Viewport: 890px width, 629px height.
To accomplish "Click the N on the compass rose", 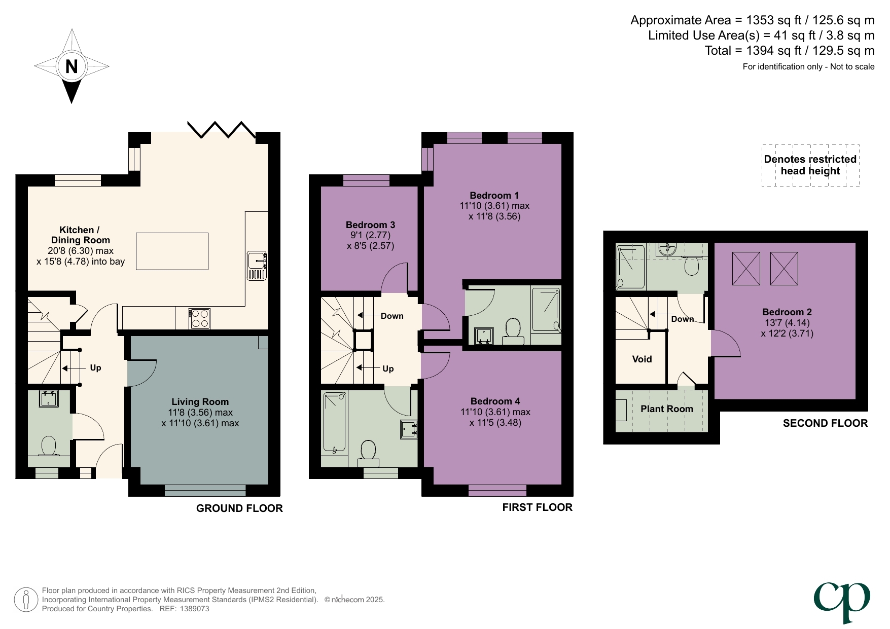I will [72, 66].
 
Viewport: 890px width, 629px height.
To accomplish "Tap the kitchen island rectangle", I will [172, 251].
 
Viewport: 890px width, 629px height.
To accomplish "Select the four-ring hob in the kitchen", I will [199, 318].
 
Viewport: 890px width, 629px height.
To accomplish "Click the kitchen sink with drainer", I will [257, 266].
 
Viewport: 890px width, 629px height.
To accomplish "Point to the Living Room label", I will [200, 402].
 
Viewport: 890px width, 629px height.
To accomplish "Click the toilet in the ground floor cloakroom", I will [49, 447].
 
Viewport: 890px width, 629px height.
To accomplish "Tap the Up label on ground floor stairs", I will [95, 368].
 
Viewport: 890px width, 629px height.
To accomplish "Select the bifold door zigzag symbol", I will [221, 130].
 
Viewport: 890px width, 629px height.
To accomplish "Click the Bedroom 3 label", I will [370, 225].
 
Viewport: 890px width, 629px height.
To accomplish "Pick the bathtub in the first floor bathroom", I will [334, 422].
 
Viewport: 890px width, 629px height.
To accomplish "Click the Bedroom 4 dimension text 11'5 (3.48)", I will [495, 423].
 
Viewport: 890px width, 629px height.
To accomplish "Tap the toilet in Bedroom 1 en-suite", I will [514, 328].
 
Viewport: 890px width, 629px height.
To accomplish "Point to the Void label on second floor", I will [642, 359].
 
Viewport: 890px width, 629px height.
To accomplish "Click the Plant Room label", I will [666, 409].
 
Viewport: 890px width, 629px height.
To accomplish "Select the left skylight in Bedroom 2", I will [746, 269].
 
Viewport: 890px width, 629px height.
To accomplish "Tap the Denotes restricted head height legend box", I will [810, 165].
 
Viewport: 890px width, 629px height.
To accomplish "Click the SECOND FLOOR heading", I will [825, 423].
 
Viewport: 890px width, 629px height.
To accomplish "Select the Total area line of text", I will [789, 51].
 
